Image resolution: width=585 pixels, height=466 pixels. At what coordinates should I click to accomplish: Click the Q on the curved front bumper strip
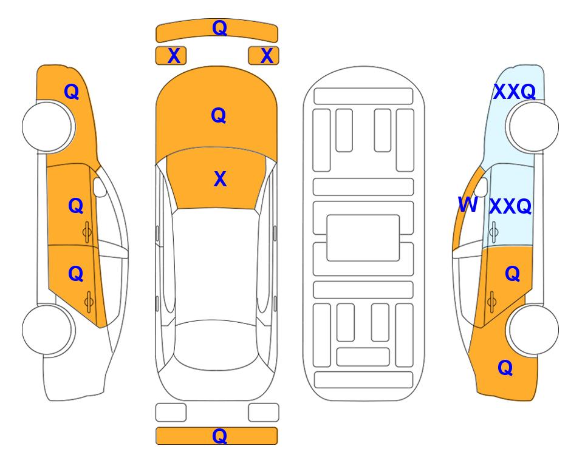tap(219, 28)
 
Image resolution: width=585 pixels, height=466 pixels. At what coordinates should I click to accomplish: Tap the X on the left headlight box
tap(174, 56)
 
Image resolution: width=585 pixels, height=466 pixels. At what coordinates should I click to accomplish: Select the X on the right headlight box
tap(267, 56)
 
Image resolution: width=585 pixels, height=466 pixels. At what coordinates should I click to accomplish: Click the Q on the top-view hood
tap(219, 115)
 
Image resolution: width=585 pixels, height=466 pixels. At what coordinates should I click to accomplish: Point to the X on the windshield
tap(220, 179)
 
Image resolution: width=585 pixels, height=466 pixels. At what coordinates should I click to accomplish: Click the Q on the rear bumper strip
tap(219, 436)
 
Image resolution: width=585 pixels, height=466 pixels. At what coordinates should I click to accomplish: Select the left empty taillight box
tap(171, 413)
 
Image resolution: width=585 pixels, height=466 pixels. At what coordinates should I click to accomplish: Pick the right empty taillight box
tap(264, 413)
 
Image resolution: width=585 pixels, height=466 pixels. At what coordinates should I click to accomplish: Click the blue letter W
tap(468, 204)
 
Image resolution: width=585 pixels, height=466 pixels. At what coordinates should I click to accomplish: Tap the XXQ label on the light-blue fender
tap(515, 92)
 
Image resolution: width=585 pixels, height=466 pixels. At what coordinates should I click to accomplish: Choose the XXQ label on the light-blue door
tap(510, 206)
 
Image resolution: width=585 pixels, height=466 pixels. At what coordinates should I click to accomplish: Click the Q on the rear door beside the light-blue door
tap(513, 274)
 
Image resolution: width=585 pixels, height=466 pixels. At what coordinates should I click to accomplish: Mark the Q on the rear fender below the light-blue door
tap(505, 368)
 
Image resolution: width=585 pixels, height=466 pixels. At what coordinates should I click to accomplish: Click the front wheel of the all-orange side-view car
tap(47, 127)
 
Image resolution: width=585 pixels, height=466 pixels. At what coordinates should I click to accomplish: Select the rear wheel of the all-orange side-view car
tap(47, 329)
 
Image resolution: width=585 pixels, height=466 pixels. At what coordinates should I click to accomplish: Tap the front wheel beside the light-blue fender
tap(533, 127)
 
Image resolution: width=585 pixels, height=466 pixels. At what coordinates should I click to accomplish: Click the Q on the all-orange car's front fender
tap(72, 92)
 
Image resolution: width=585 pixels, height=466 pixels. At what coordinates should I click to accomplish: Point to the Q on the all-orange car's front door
tap(76, 206)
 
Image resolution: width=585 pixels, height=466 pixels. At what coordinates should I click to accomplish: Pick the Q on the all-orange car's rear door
tap(76, 274)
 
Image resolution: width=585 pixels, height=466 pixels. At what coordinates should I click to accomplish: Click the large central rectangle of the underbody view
tap(363, 238)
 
